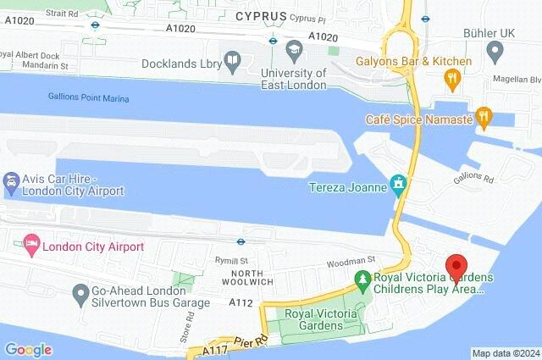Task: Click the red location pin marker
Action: [x=457, y=266]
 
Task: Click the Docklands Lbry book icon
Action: [x=234, y=60]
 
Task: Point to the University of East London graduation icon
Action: [x=295, y=48]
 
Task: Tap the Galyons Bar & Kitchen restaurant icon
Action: [x=453, y=80]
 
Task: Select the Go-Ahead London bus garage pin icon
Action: [x=80, y=295]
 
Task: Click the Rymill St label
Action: [x=230, y=261]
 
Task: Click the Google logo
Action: [x=28, y=349]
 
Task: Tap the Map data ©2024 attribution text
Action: [x=505, y=353]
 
